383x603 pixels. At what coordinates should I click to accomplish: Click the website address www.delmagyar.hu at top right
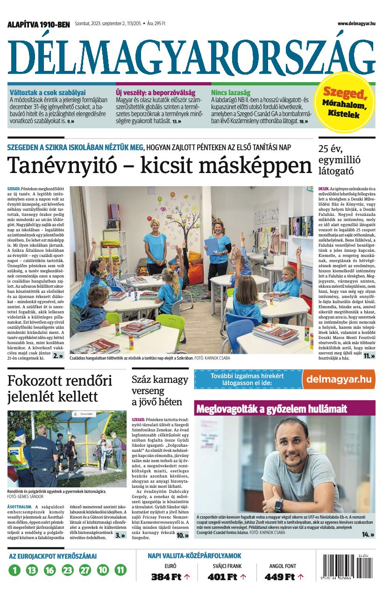pos(356,23)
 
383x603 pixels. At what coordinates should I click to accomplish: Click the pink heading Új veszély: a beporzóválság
pos(156,92)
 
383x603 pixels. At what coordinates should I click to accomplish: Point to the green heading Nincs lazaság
pos(231,92)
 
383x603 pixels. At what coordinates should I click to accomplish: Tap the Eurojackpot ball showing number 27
pos(85,569)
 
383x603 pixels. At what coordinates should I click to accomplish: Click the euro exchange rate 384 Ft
pos(166,577)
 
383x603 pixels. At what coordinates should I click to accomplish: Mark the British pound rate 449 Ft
pos(280,577)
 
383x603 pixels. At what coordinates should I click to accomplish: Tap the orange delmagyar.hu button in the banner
pos(339,379)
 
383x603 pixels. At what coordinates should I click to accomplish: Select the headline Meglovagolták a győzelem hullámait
pos(272,409)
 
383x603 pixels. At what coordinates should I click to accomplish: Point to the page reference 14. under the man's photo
pos(368,534)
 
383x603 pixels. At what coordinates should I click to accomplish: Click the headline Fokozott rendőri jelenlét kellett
pos(60,388)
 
